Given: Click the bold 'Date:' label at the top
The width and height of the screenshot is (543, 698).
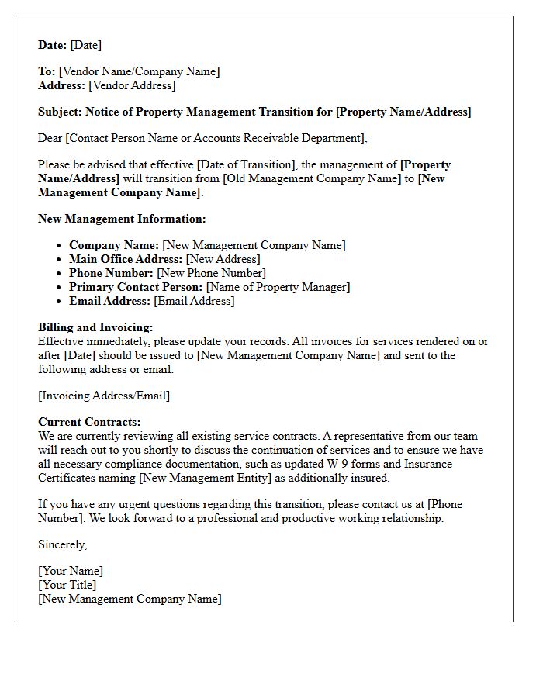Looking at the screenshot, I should pyautogui.click(x=53, y=45).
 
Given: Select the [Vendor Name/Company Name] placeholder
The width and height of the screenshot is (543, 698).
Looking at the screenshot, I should pyautogui.click(x=139, y=71).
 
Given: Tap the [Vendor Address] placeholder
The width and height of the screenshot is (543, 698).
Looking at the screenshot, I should pyautogui.click(x=132, y=85).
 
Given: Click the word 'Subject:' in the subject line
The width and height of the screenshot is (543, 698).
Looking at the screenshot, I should pyautogui.click(x=61, y=112).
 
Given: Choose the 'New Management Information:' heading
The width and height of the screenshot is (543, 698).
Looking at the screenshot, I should pyautogui.click(x=122, y=219).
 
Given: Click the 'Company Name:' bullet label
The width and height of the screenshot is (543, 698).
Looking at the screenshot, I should pyautogui.click(x=114, y=245).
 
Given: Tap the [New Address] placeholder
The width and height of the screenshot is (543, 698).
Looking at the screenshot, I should pyautogui.click(x=223, y=259).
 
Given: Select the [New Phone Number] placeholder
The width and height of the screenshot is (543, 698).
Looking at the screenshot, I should pyautogui.click(x=211, y=273).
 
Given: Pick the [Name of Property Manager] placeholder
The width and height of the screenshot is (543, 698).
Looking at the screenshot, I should pyautogui.click(x=278, y=287).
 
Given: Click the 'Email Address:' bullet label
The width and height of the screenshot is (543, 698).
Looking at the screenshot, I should pyautogui.click(x=109, y=301).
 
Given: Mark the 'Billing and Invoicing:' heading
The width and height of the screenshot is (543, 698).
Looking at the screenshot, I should pyautogui.click(x=95, y=327).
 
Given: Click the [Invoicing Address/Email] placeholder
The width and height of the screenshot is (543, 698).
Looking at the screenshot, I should pyautogui.click(x=104, y=396).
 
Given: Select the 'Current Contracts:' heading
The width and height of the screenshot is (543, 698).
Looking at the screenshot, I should pyautogui.click(x=89, y=422).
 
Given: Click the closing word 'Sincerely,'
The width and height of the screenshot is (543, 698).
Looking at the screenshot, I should pyautogui.click(x=63, y=544).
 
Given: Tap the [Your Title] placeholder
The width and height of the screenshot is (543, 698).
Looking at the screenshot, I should pyautogui.click(x=67, y=585).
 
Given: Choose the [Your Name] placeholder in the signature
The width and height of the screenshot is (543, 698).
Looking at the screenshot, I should pyautogui.click(x=71, y=571).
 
